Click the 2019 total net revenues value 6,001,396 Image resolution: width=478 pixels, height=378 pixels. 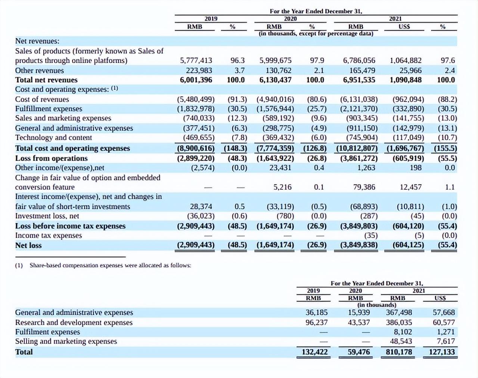(x=196, y=80)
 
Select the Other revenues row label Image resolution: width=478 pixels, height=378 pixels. (x=39, y=71)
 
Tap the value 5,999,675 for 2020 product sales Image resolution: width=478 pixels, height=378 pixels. (x=276, y=61)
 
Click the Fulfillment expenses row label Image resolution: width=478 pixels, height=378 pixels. (x=49, y=109)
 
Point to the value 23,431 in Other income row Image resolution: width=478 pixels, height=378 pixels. (x=280, y=168)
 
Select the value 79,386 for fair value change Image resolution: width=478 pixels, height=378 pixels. (x=364, y=187)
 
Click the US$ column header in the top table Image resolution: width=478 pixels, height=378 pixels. (x=404, y=27)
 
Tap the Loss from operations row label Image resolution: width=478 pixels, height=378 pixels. (x=51, y=158)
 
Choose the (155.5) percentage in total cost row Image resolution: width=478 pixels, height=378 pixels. (x=446, y=148)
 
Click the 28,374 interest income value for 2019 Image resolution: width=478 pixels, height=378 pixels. (x=201, y=207)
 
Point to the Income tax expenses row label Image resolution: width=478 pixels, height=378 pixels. (x=49, y=235)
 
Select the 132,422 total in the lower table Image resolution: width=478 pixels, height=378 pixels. (x=314, y=352)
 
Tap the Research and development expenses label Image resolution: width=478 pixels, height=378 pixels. (x=74, y=322)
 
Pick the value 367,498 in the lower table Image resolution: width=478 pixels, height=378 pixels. (x=399, y=312)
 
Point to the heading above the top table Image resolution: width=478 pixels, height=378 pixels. (x=316, y=11)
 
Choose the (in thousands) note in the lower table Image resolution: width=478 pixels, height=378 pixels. (x=377, y=304)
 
